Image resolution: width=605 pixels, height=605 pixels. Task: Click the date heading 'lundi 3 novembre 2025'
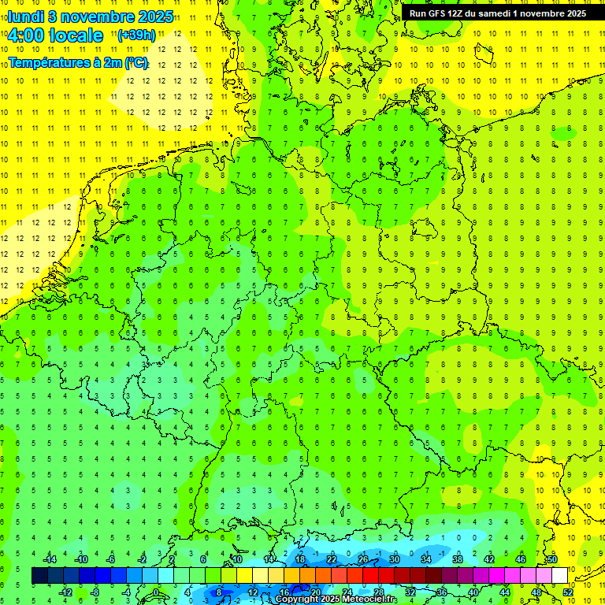(91, 17)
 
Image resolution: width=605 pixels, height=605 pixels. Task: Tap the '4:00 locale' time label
(55, 35)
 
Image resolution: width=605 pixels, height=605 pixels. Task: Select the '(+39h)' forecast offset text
(136, 35)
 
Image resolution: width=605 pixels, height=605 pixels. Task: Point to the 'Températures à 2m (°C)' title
(78, 63)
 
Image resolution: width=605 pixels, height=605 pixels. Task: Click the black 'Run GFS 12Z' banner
(497, 13)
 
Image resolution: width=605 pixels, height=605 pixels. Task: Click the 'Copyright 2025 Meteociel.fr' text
(336, 599)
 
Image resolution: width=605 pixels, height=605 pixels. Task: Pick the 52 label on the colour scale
(568, 592)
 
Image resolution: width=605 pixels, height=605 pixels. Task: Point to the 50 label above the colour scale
(552, 559)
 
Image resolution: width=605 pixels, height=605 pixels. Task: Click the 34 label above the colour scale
(426, 559)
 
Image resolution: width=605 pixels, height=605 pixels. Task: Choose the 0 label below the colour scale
(156, 592)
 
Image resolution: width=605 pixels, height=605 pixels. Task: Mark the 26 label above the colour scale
(363, 559)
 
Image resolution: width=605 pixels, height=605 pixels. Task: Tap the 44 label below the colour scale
(505, 592)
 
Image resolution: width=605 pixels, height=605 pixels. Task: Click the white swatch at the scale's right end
(559, 576)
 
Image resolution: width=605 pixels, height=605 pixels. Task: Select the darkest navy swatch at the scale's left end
(39, 576)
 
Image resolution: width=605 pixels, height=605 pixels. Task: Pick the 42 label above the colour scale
(489, 559)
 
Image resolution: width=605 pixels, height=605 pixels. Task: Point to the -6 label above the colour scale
(111, 559)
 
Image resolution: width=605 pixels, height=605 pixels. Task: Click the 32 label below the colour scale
(410, 592)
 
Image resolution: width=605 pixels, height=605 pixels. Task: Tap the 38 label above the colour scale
(458, 559)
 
